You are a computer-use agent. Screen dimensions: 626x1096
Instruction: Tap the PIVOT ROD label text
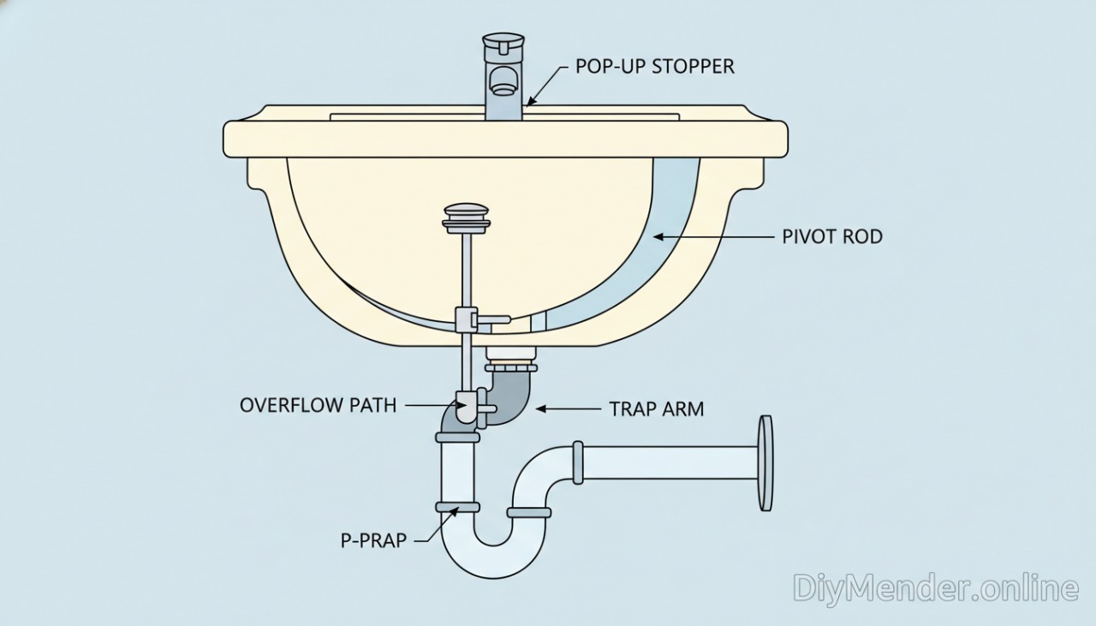pos(831,236)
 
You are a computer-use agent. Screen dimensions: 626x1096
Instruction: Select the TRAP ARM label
pos(656,408)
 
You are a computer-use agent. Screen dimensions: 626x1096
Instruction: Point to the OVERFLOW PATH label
pos(318,404)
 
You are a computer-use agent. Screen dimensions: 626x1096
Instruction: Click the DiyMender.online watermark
pos(935,588)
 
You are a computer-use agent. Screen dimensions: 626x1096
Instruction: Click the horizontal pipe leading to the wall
pos(668,462)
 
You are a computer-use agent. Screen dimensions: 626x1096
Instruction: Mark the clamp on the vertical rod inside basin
pos(467,319)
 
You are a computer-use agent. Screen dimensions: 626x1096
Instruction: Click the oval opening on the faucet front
pos(502,81)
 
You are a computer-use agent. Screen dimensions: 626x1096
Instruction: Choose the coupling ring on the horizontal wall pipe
pos(578,462)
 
